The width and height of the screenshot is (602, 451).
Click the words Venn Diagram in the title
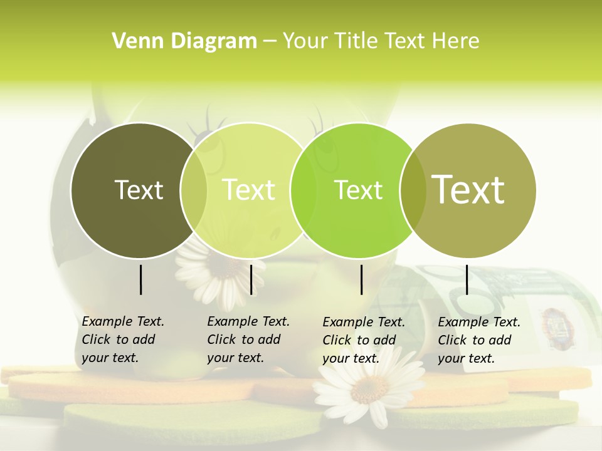184,41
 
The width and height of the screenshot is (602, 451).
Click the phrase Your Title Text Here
381,41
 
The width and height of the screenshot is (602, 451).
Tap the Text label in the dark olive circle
139,190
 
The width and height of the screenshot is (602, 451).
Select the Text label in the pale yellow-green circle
248,190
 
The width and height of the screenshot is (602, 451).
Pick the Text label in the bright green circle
358,190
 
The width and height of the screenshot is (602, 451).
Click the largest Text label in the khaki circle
468,190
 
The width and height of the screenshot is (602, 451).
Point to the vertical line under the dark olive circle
140,279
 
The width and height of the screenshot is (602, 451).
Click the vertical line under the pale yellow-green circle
251,279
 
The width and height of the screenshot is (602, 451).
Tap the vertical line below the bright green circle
361,279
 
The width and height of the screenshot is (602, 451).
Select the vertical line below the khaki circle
467,279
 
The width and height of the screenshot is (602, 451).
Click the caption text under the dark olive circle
122,340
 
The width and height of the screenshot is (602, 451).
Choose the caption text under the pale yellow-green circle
248,340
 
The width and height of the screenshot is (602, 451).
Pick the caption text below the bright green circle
363,340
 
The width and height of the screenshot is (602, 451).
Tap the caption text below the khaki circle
478,340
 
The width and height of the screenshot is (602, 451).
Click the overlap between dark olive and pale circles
194,190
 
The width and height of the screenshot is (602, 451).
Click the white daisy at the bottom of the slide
370,388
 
